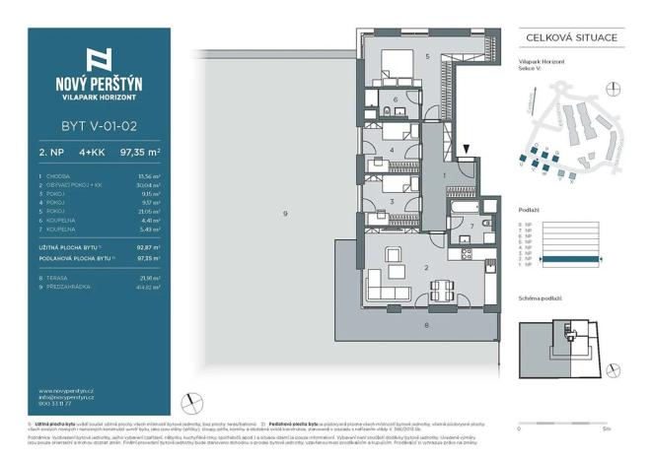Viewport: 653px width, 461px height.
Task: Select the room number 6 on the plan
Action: tap(396, 99)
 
